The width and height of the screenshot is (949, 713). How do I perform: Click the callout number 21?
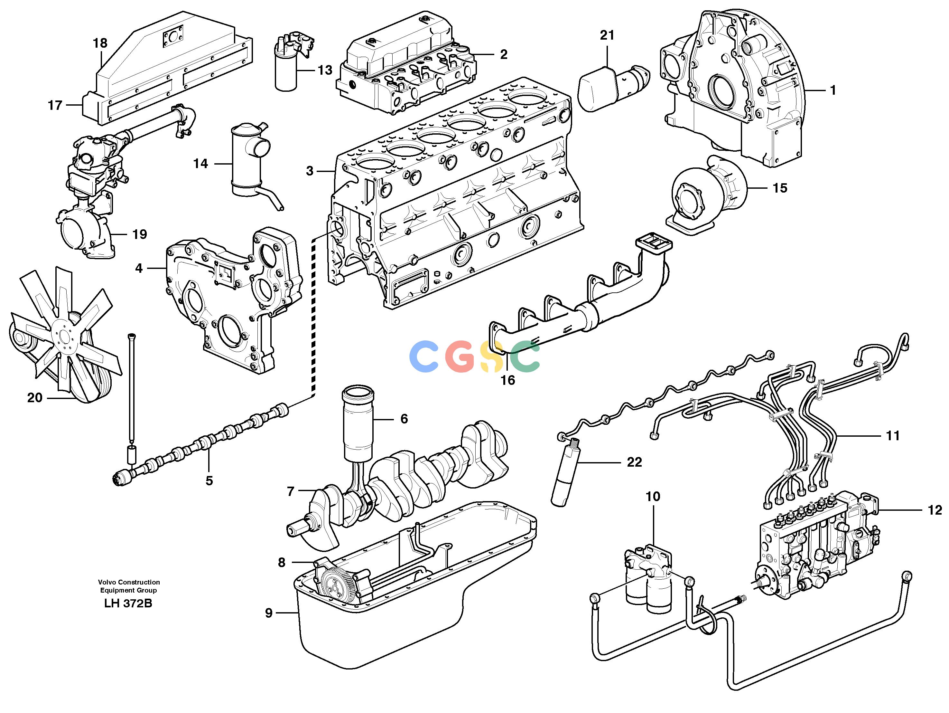(x=607, y=35)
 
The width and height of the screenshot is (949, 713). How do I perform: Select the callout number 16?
(x=507, y=380)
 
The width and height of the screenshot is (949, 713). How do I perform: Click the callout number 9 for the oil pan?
(x=269, y=613)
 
